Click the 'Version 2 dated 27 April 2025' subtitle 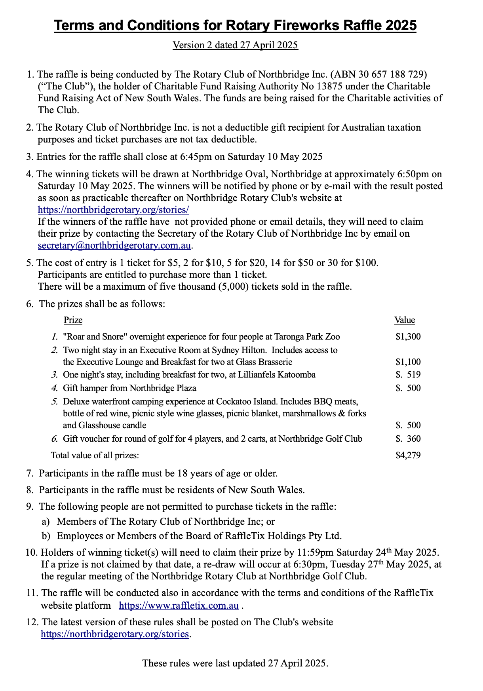(x=235, y=45)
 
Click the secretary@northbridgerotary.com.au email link (x=114, y=245)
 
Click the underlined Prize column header (x=73, y=320)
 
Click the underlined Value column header (x=405, y=320)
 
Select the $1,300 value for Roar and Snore (x=408, y=337)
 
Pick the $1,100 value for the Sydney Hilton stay (x=408, y=362)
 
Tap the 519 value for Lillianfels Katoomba (x=414, y=375)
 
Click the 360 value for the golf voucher (x=414, y=439)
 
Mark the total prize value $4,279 (x=408, y=456)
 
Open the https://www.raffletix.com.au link (x=179, y=606)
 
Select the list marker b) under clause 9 (x=46, y=536)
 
